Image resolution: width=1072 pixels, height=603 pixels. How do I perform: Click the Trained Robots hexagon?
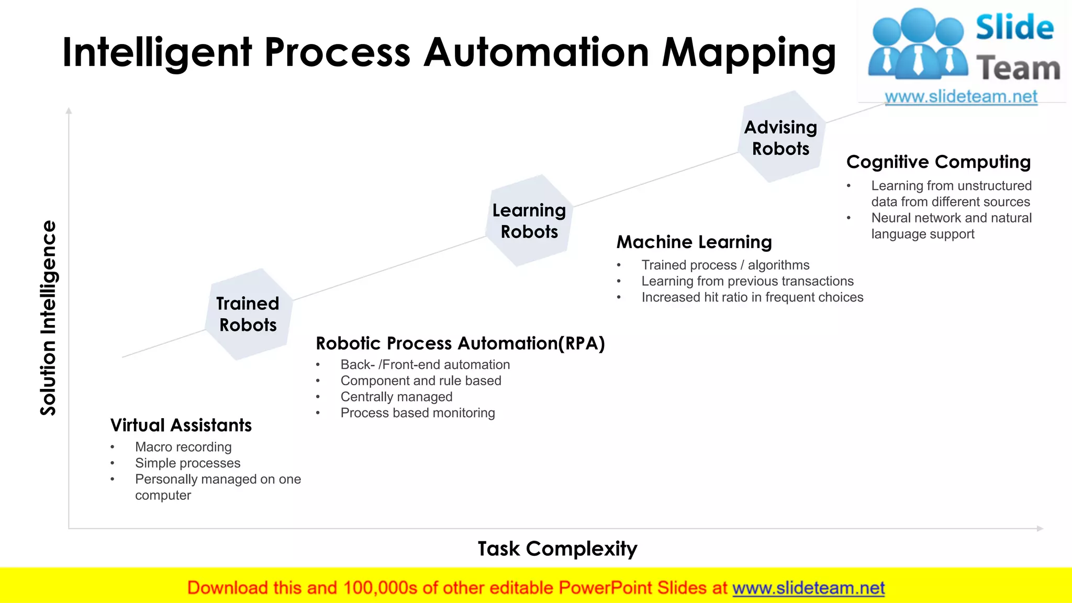pyautogui.click(x=248, y=314)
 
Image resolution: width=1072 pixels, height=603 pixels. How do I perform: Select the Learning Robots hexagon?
pyautogui.click(x=529, y=221)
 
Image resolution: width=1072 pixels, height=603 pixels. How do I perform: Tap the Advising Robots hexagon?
pyautogui.click(x=780, y=138)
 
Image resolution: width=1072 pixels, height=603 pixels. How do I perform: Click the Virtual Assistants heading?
pyautogui.click(x=181, y=425)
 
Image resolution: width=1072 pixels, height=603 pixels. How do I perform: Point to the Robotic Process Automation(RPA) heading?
pyautogui.click(x=460, y=343)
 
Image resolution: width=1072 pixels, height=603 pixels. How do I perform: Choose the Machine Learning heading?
pyautogui.click(x=694, y=242)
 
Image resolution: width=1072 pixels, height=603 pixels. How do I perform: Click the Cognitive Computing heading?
pyautogui.click(x=938, y=162)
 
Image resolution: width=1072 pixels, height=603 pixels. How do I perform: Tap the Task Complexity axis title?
pyautogui.click(x=557, y=549)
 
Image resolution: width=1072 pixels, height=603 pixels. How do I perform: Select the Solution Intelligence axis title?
pyautogui.click(x=48, y=318)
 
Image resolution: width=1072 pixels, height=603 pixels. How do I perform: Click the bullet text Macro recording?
pyautogui.click(x=183, y=447)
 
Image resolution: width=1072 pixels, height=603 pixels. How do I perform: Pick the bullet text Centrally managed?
pyautogui.click(x=396, y=397)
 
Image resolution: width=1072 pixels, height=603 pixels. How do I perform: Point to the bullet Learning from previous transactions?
pyautogui.click(x=747, y=281)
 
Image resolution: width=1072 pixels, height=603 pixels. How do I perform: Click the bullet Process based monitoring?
pyautogui.click(x=417, y=413)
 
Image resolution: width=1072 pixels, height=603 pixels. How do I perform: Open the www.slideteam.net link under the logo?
pyautogui.click(x=961, y=97)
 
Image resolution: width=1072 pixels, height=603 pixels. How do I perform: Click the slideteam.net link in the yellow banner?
pyautogui.click(x=808, y=588)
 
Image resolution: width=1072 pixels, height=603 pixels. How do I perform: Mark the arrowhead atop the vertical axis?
pyautogui.click(x=69, y=111)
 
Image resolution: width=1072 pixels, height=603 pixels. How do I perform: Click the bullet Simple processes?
pyautogui.click(x=187, y=463)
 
